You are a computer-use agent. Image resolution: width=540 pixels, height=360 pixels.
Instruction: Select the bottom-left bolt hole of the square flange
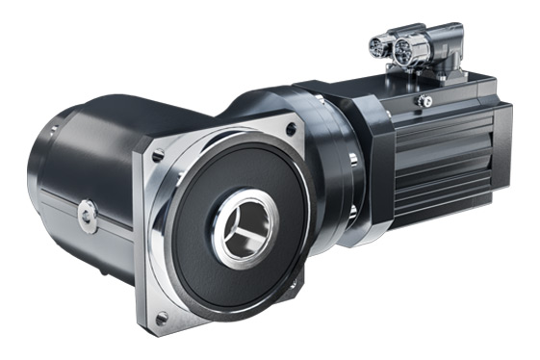pos(162,317)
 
